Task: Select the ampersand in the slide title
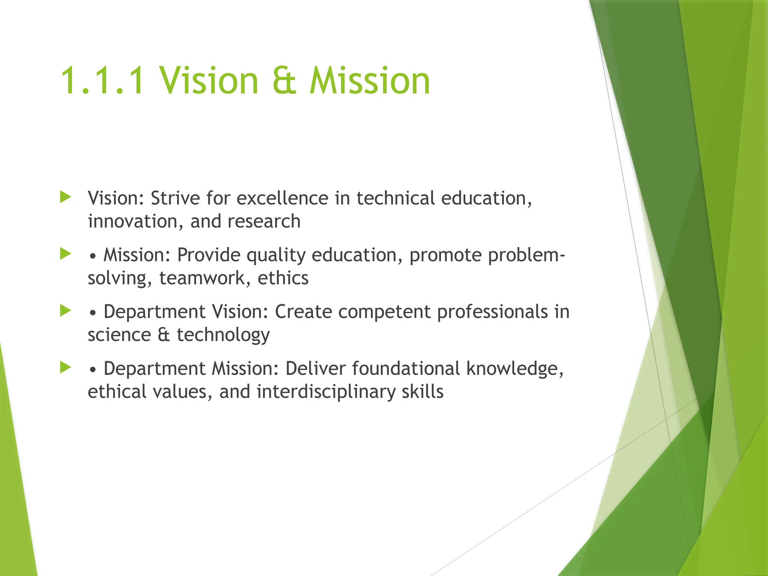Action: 284,81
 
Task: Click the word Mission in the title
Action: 369,81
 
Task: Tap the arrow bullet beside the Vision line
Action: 66,197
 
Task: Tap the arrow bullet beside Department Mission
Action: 66,367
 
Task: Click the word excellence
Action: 282,198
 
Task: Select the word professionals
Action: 492,312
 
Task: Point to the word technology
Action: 223,335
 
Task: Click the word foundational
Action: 406,369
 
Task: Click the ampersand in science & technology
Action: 163,335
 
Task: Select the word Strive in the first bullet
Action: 175,198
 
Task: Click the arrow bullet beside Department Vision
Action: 66,310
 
